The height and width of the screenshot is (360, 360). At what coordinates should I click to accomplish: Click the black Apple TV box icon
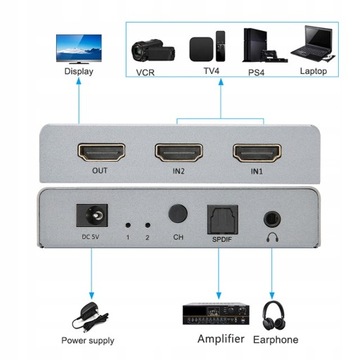coord(204,47)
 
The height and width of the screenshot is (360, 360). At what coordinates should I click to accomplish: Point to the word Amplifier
coord(212,345)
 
